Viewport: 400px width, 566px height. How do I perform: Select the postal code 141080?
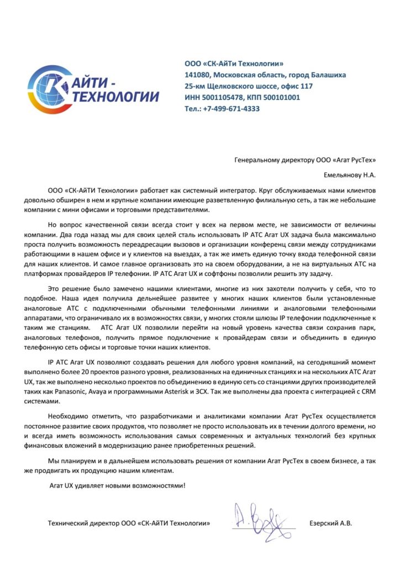click(197, 75)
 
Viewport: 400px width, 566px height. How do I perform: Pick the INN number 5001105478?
click(223, 97)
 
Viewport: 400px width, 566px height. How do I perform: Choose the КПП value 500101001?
click(281, 97)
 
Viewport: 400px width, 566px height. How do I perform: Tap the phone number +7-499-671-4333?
click(230, 109)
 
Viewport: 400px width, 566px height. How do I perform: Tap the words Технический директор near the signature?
click(83, 523)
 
